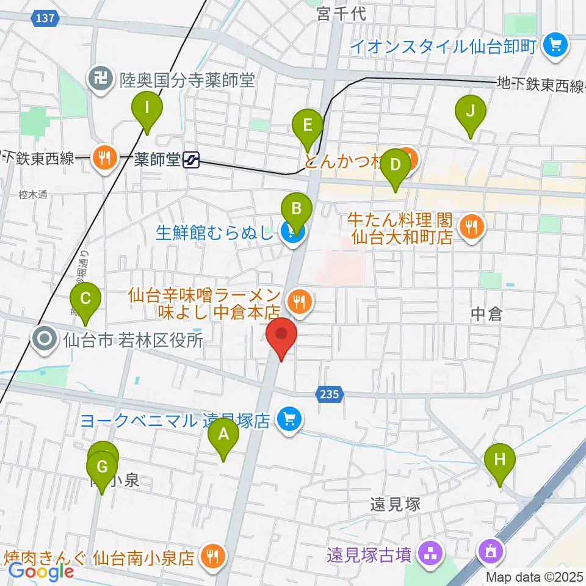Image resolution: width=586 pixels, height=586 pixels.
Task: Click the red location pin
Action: [x=281, y=337]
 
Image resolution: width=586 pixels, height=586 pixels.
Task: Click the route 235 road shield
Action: [x=328, y=395]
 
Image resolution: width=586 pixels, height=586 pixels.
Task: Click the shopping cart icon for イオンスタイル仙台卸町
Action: [x=555, y=45]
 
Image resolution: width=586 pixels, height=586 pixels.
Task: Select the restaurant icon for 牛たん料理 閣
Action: [x=471, y=227]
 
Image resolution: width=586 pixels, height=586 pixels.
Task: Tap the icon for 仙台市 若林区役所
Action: [x=45, y=339]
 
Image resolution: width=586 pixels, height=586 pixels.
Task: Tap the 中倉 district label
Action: [x=487, y=314]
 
